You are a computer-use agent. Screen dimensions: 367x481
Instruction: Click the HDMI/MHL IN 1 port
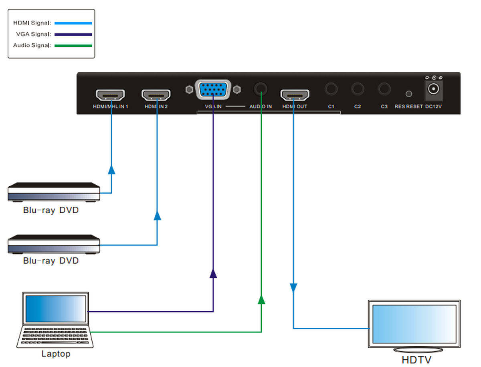pyautogui.click(x=110, y=95)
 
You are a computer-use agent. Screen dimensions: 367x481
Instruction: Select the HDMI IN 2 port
pyautogui.click(x=156, y=95)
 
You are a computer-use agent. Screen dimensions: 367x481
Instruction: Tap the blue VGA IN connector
pyautogui.click(x=213, y=89)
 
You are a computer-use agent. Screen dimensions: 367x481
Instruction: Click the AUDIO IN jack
pyautogui.click(x=261, y=89)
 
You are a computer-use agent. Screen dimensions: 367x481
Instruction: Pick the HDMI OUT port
pyautogui.click(x=295, y=95)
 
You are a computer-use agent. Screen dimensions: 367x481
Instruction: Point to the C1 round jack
pyautogui.click(x=331, y=89)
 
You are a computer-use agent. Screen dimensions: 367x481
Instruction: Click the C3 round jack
pyautogui.click(x=384, y=89)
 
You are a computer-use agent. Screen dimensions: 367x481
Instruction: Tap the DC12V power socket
pyautogui.click(x=433, y=89)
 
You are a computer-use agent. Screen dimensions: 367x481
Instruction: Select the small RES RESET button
pyautogui.click(x=409, y=94)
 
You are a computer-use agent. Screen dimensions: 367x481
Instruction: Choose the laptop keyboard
pyautogui.click(x=55, y=336)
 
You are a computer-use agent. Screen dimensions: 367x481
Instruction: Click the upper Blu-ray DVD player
pyautogui.click(x=54, y=192)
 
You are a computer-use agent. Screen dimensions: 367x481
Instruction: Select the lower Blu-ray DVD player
pyautogui.click(x=54, y=244)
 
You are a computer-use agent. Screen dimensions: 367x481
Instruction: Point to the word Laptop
pyautogui.click(x=56, y=354)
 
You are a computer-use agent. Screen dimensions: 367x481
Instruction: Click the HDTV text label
pyautogui.click(x=416, y=359)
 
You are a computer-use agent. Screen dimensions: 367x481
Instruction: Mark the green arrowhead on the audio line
pyautogui.click(x=261, y=299)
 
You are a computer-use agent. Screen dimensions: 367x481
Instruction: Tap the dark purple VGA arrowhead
pyautogui.click(x=213, y=274)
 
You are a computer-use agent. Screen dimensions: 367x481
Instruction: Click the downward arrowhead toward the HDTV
pyautogui.click(x=294, y=288)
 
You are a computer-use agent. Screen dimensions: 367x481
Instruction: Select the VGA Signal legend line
pyautogui.click(x=73, y=34)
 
